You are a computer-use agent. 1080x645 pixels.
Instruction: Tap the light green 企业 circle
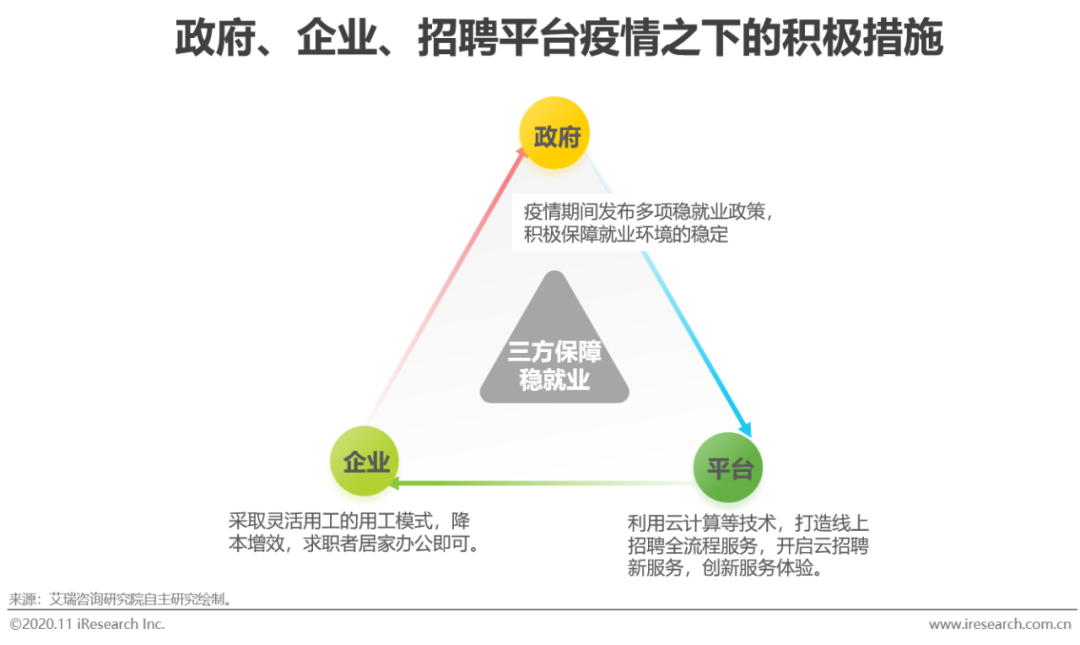point(365,461)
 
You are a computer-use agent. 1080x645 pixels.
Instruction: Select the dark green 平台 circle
point(728,467)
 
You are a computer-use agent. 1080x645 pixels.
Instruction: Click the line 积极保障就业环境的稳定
point(626,236)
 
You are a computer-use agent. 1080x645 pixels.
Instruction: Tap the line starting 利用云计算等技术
point(747,522)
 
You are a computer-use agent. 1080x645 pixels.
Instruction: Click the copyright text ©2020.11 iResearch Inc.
point(87,624)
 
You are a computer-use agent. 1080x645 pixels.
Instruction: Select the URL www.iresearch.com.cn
point(999,624)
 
